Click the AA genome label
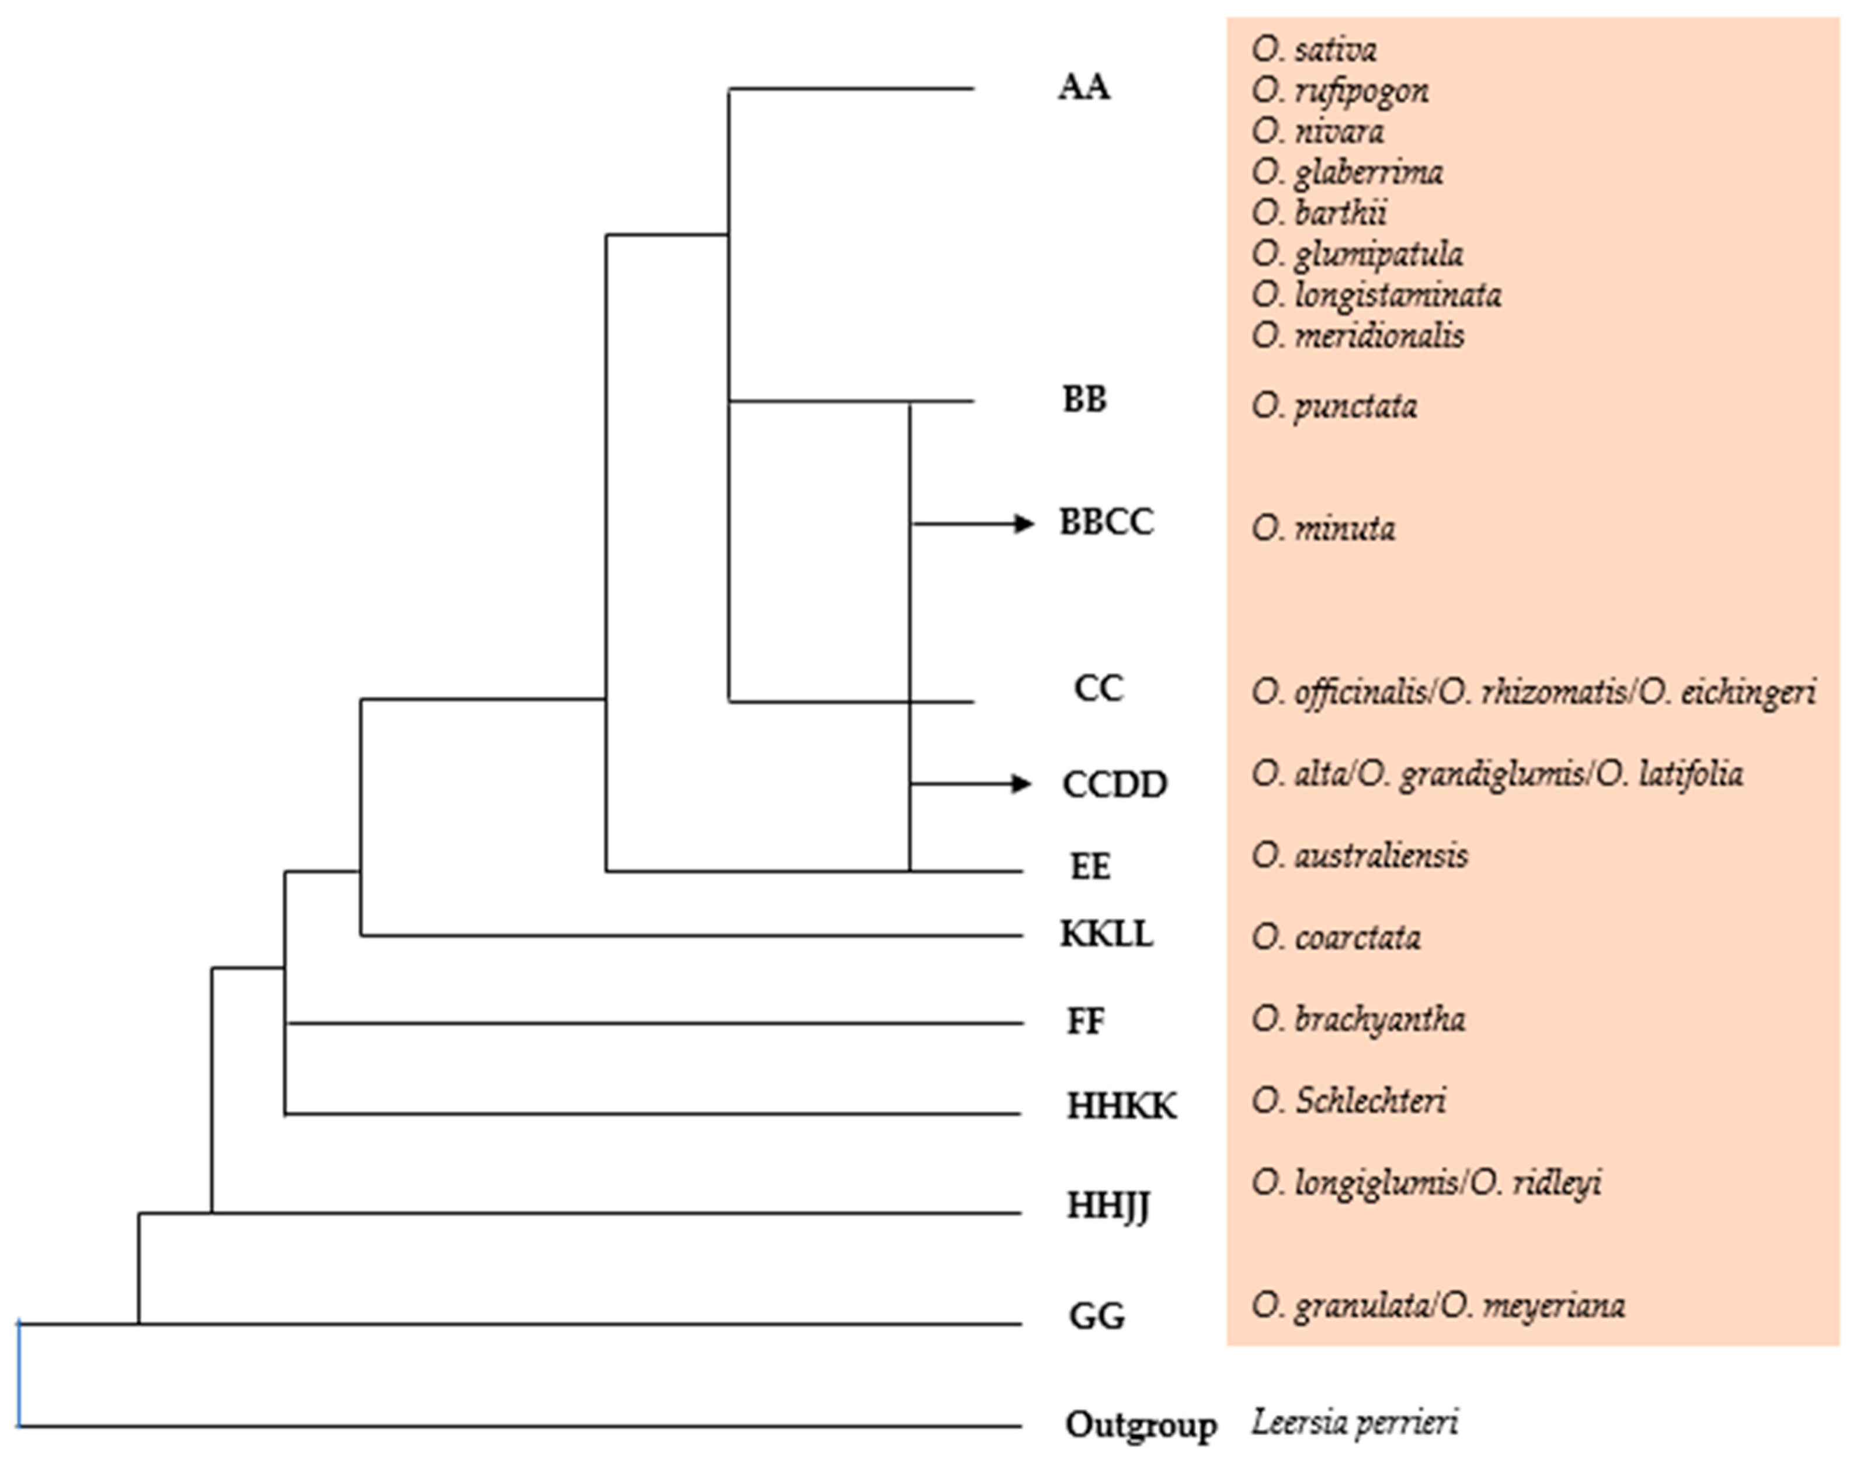click(1083, 88)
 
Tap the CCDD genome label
click(1114, 784)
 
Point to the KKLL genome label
click(1106, 934)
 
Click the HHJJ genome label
click(1108, 1207)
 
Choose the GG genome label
click(1096, 1316)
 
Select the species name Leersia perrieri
click(1354, 1422)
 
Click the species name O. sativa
click(1314, 50)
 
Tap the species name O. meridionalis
click(1358, 336)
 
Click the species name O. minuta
click(1323, 528)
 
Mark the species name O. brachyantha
click(1358, 1019)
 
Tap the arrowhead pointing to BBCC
click(1023, 523)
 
